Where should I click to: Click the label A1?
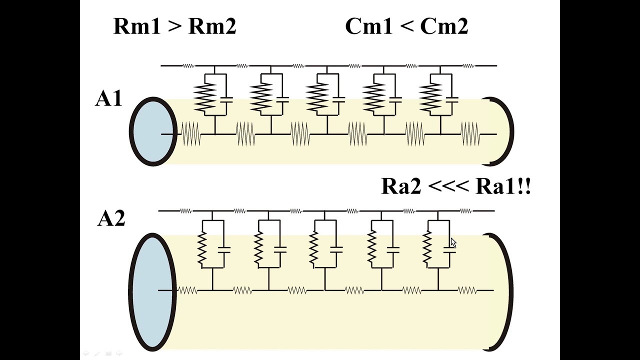(x=108, y=98)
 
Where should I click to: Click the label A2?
(x=111, y=219)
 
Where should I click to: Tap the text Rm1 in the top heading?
(x=137, y=26)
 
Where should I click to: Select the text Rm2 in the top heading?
(x=212, y=26)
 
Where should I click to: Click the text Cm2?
(x=444, y=26)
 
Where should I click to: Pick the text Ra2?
(x=401, y=186)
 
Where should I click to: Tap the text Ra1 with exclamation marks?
(x=503, y=186)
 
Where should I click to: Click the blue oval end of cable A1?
(x=153, y=131)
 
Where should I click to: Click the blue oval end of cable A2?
(x=152, y=292)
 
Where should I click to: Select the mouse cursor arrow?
(x=453, y=242)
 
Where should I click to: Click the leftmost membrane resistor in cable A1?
(x=205, y=97)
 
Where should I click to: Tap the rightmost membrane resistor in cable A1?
(x=430, y=97)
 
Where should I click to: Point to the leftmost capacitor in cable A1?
(x=226, y=99)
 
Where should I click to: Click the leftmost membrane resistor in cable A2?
(x=202, y=248)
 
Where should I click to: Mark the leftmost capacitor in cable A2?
(x=224, y=249)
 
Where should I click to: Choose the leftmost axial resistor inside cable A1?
(x=191, y=134)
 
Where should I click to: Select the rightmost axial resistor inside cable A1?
(x=470, y=134)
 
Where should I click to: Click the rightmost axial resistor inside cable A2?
(x=467, y=290)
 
